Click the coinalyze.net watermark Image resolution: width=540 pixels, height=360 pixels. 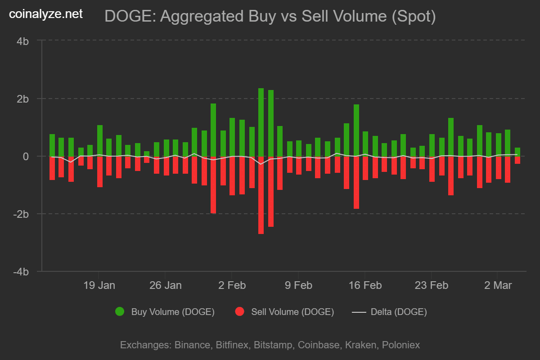click(46, 14)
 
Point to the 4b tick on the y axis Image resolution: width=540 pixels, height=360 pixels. click(23, 41)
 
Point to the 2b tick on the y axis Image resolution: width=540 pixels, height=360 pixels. click(23, 99)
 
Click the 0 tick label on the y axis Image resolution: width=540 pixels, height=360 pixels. click(26, 157)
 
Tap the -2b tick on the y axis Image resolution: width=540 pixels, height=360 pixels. click(21, 214)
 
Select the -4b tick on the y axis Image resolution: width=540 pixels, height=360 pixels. click(21, 272)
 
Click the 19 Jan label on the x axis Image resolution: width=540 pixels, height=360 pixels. click(99, 285)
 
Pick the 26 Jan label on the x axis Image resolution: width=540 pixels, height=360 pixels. click(165, 285)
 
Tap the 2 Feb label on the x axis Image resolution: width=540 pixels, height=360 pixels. click(232, 285)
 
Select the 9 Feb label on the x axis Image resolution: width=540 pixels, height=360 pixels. click(298, 285)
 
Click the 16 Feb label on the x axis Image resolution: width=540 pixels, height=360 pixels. click(365, 285)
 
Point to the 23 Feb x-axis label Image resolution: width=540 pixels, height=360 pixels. click(432, 285)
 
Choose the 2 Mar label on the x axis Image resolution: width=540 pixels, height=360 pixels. click(497, 285)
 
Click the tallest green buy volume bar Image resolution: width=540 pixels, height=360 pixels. click(261, 121)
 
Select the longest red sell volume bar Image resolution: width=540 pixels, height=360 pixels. click(261, 196)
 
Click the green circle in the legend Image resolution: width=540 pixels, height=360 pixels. click(120, 311)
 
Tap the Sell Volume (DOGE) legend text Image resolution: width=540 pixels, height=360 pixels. click(292, 311)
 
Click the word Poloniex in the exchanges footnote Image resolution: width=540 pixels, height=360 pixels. click(400, 345)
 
